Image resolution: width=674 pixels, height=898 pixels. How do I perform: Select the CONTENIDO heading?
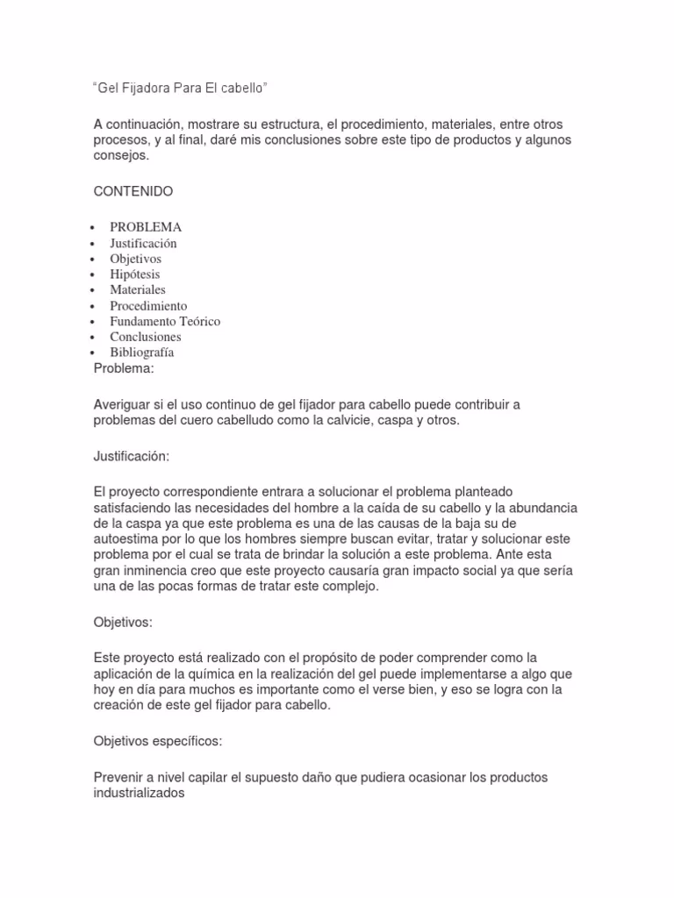[133, 190]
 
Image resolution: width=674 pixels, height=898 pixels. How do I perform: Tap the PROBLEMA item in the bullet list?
[146, 227]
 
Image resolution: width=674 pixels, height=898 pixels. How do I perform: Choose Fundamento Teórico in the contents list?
[165, 321]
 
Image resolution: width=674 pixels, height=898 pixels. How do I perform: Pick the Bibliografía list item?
[141, 353]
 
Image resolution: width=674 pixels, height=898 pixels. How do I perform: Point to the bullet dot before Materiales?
[92, 290]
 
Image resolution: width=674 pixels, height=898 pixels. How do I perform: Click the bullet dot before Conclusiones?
[92, 338]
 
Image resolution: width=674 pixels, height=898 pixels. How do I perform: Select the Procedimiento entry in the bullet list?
[148, 306]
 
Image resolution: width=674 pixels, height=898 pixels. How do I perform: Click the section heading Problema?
[123, 368]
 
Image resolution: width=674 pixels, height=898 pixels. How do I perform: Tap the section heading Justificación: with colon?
[132, 457]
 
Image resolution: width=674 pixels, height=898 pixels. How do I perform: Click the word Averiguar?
[123, 405]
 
